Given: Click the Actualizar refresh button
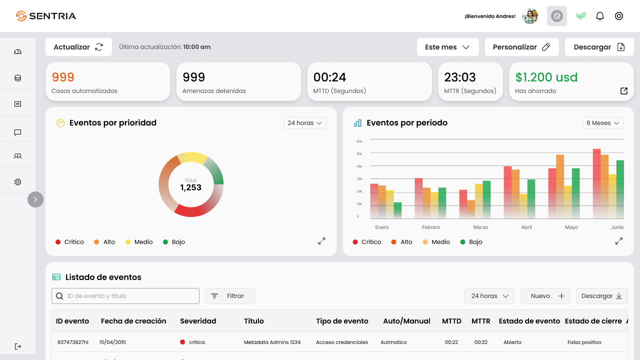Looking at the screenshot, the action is point(78,47).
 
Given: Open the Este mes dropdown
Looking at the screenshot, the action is point(447,47).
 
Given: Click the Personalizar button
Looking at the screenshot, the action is point(521,47).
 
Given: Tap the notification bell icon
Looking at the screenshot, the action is point(599,16).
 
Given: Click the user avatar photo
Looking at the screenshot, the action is point(530,16).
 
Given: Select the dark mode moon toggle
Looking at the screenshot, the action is point(557,16).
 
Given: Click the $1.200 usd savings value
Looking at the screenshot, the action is point(546,77).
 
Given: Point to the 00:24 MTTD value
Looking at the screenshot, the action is point(329,77).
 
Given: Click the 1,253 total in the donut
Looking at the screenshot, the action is point(190,187).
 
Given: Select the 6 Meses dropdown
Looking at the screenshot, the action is point(603,123).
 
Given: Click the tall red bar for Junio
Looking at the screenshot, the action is point(596,183).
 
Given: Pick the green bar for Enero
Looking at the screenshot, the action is point(397,210).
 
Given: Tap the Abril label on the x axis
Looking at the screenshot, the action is point(526,227).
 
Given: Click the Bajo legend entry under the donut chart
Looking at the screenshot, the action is point(174,242).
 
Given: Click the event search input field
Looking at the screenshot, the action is point(125,296).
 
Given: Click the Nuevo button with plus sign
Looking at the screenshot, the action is point(545,296).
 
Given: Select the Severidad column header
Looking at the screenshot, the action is point(198,321).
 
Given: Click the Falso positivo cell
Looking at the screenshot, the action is point(584,342).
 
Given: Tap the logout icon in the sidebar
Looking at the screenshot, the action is point(17,346).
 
